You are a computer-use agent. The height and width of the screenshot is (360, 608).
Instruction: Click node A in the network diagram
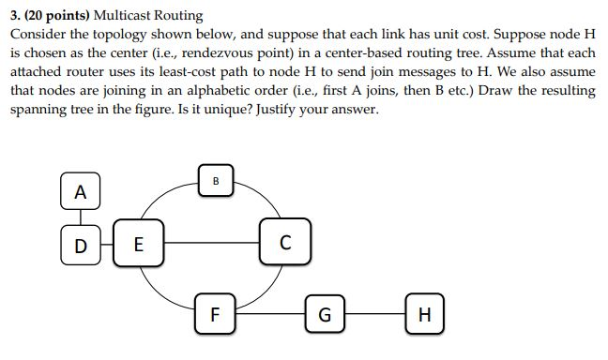tap(80, 192)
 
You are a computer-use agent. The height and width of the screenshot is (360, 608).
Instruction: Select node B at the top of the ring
tap(216, 180)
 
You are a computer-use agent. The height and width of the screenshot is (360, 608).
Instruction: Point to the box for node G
tap(323, 312)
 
